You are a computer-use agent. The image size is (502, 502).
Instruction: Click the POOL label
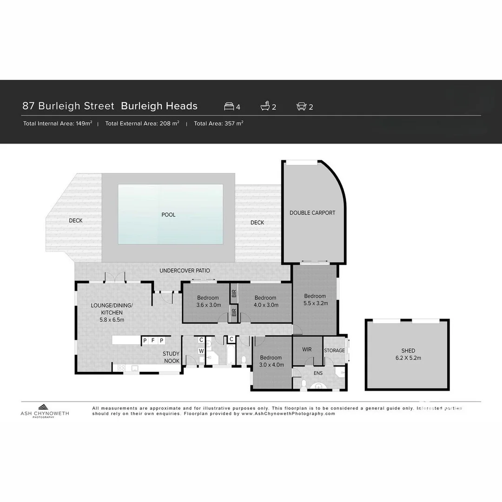[168, 215]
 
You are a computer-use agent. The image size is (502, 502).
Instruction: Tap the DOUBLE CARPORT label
[312, 213]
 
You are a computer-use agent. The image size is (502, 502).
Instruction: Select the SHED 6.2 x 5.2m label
[408, 354]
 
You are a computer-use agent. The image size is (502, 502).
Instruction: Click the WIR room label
[307, 350]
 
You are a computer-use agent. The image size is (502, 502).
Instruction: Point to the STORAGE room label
[334, 350]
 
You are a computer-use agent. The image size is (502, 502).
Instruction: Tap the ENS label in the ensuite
[318, 373]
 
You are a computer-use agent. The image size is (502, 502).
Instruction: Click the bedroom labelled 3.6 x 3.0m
[208, 301]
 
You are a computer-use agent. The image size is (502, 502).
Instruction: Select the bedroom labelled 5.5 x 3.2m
[315, 299]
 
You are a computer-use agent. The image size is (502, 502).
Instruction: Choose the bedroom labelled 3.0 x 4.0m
[271, 361]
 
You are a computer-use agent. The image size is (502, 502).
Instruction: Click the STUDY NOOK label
[171, 357]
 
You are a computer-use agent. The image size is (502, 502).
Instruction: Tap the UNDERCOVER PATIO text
[185, 271]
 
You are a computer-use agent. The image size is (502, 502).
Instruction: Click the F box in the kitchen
[153, 341]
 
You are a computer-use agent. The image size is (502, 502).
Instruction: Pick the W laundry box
[202, 351]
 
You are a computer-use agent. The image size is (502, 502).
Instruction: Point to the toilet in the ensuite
[304, 383]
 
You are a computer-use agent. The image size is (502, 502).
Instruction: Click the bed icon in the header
[229, 106]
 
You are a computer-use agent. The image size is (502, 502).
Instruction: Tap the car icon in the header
[301, 106]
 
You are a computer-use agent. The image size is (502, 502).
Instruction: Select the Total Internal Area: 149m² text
[58, 124]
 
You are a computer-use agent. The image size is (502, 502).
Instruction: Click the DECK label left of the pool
[76, 220]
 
